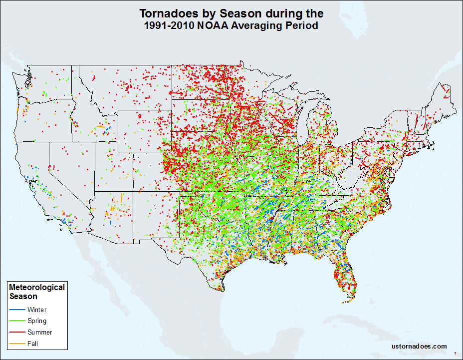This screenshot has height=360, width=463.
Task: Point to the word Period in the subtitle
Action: [x=301, y=26]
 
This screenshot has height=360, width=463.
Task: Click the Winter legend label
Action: [x=37, y=310]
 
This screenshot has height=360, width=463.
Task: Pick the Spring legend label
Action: [x=37, y=321]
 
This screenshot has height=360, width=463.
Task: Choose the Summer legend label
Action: [x=39, y=332]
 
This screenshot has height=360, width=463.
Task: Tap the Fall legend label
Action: [x=33, y=344]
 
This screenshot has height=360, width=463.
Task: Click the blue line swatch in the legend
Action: [x=16, y=310]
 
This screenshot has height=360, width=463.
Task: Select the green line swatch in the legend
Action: [x=16, y=321]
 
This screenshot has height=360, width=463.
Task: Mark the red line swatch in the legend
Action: [x=16, y=332]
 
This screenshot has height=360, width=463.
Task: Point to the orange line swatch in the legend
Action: [x=16, y=344]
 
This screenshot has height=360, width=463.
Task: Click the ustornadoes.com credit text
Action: [x=419, y=347]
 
